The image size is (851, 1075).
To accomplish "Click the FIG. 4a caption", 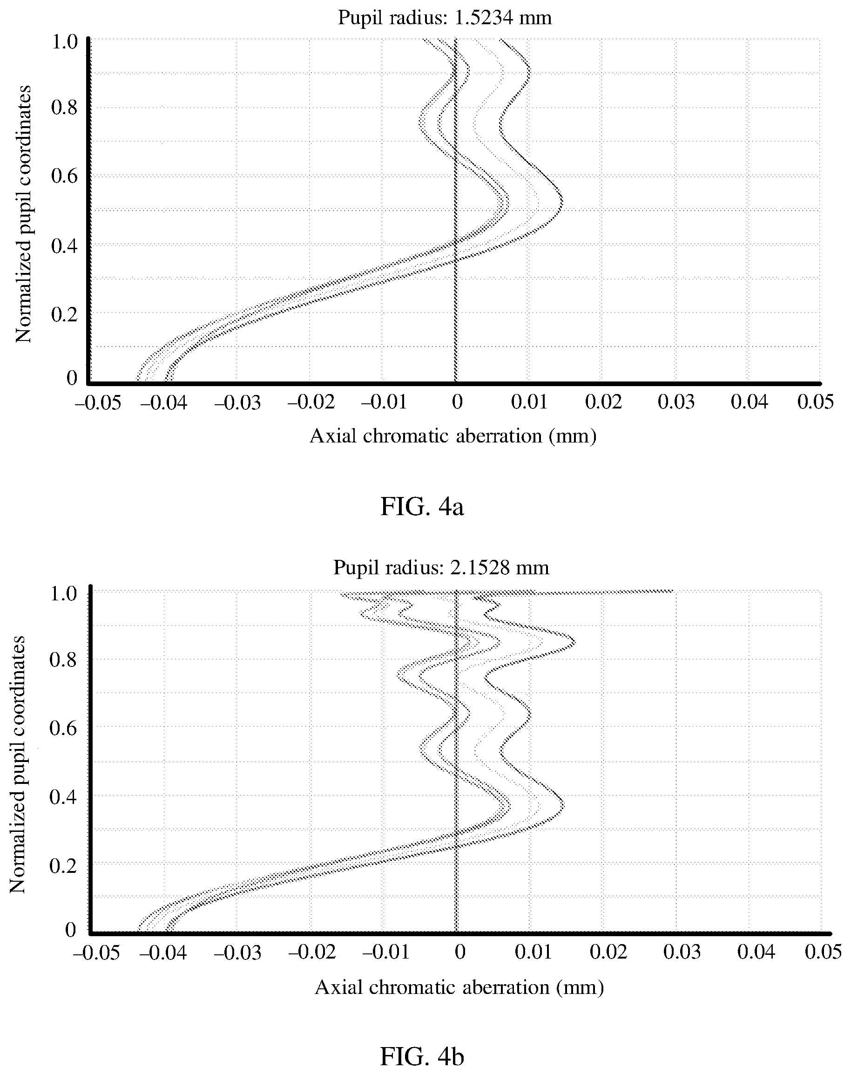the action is coord(422,507).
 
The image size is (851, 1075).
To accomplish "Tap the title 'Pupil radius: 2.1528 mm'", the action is coord(441,568).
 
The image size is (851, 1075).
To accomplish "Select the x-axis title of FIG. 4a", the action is coord(453,436).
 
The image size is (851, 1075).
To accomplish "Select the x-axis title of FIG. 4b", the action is coord(459,987).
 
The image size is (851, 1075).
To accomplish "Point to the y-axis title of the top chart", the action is coord(23,214).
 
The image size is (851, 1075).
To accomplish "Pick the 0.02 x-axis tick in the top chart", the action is coord(603,402).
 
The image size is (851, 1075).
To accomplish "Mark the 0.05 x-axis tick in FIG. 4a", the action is coord(815,402).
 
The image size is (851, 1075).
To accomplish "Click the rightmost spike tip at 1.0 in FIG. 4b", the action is coord(673,592).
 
